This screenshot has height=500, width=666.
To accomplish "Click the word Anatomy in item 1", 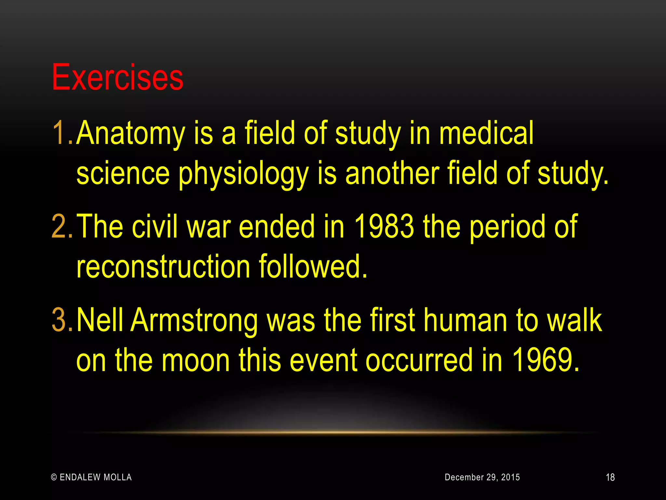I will click(130, 133).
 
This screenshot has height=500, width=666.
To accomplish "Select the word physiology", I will click(243, 174).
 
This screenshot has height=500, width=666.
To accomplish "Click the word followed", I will click(313, 267).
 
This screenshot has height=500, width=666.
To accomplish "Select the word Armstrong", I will click(194, 321).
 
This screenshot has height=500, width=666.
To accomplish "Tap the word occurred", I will click(419, 361).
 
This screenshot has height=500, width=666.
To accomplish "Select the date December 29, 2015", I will click(482, 477).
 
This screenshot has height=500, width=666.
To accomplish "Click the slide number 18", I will click(610, 478).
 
